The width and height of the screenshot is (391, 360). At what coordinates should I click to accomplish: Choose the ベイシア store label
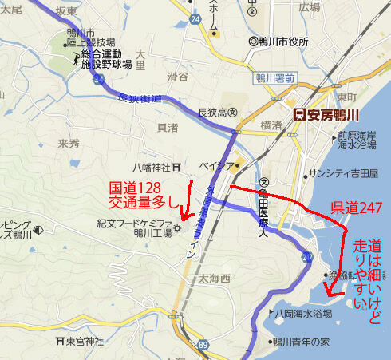click(220, 166)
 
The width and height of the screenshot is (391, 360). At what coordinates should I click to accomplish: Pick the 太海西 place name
click(214, 279)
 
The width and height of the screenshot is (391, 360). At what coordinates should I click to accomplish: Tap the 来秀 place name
click(69, 144)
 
